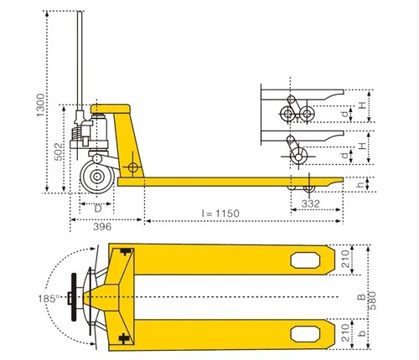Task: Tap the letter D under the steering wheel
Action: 97,207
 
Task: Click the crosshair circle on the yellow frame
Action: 132,168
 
